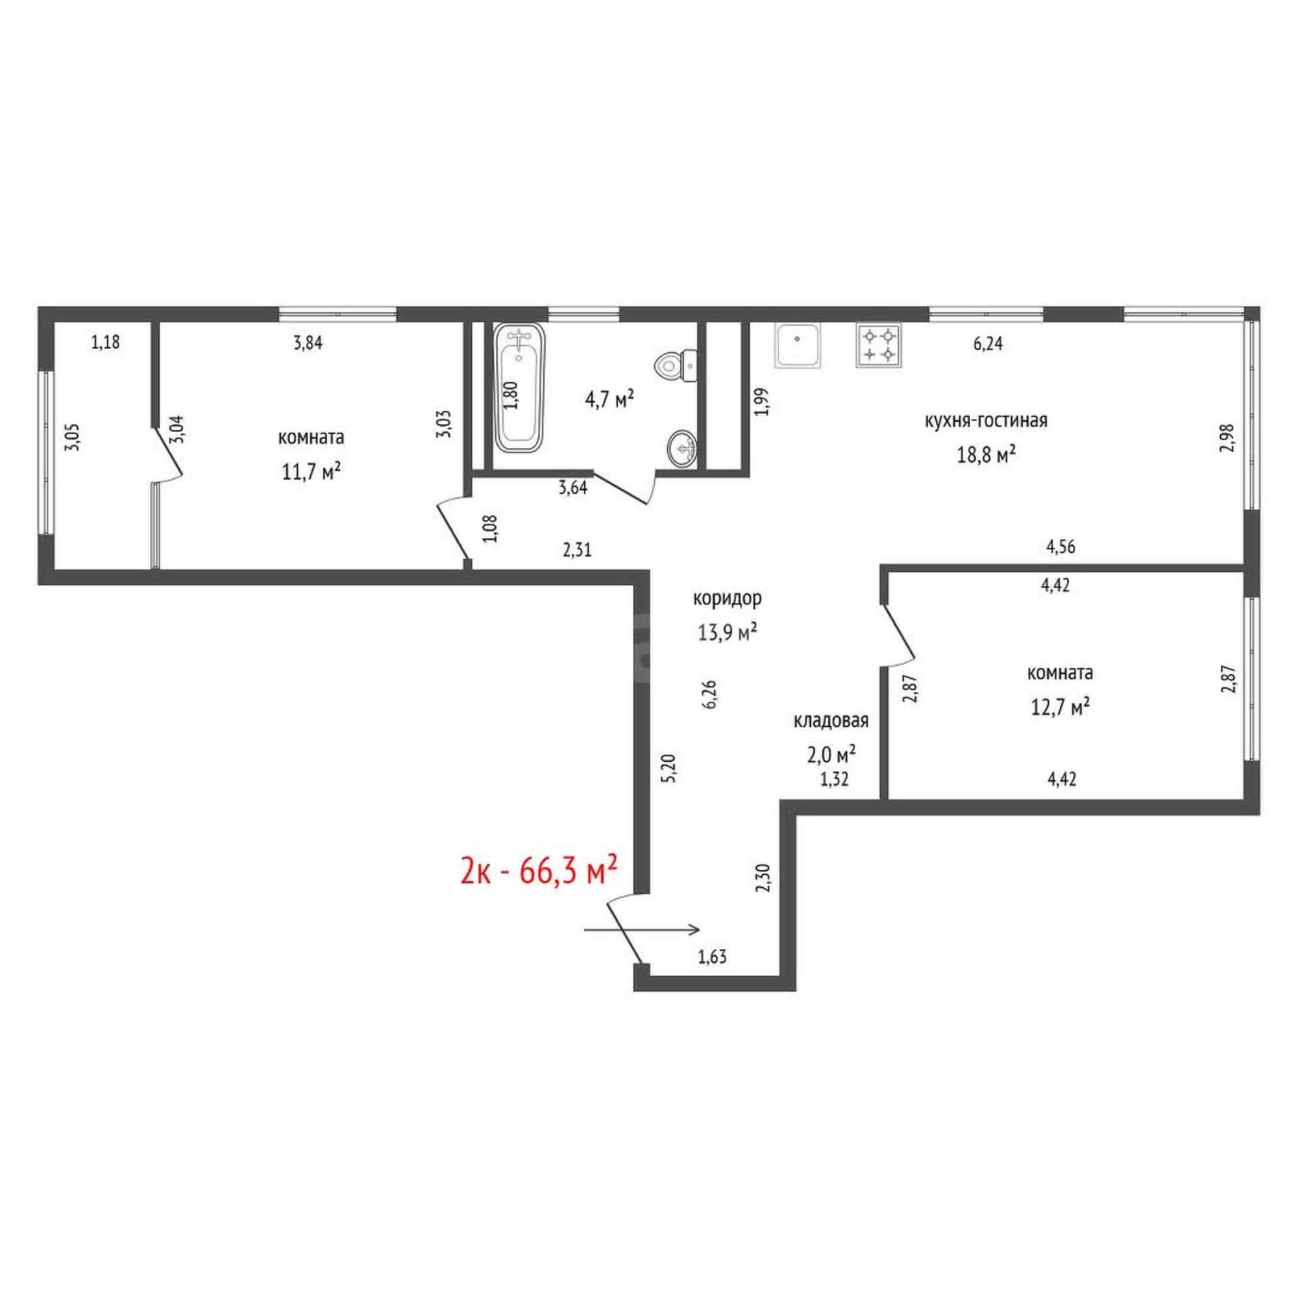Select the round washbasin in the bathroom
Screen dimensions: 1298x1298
pyautogui.click(x=683, y=446)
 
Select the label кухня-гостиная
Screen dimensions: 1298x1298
pyautogui.click(x=986, y=421)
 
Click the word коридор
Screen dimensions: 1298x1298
pyautogui.click(x=727, y=597)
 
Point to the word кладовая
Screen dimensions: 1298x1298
pyautogui.click(x=831, y=721)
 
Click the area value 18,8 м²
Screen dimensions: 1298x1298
pyautogui.click(x=986, y=456)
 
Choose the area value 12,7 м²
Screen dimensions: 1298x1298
pyautogui.click(x=1060, y=707)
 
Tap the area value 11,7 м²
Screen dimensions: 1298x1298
pyautogui.click(x=311, y=472)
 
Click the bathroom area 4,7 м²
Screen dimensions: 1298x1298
pyautogui.click(x=609, y=400)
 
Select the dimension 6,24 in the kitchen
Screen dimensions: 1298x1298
pyautogui.click(x=988, y=344)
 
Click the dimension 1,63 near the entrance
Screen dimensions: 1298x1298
pyautogui.click(x=712, y=957)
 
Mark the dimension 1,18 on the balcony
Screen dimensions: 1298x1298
pyautogui.click(x=106, y=343)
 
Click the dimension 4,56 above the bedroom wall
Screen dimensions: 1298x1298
pyautogui.click(x=1061, y=547)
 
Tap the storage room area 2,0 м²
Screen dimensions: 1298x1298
pyautogui.click(x=831, y=755)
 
